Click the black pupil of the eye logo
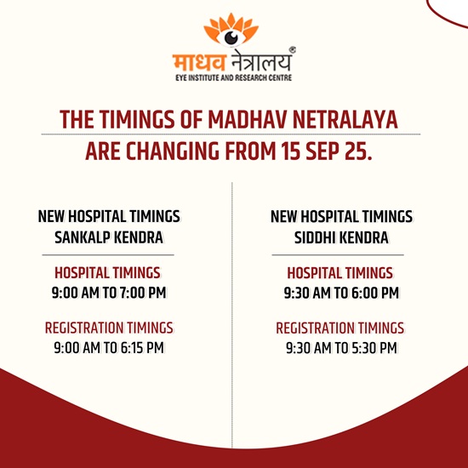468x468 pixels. tap(231, 37)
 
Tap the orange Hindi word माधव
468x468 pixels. tap(199, 62)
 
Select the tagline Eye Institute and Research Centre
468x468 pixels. tap(234, 78)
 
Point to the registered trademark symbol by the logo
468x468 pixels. tap(293, 50)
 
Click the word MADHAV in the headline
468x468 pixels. tap(248, 120)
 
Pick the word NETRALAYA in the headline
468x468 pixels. tap(345, 120)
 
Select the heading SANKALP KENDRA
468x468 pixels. tap(109, 237)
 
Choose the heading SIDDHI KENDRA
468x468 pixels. tap(341, 237)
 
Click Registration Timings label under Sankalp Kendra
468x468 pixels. tap(109, 328)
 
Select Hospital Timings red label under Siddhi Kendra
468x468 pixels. tap(340, 273)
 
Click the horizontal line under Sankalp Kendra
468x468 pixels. tap(108, 255)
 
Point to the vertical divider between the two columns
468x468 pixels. tap(232, 315)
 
